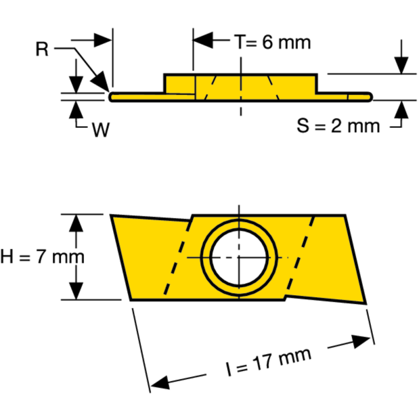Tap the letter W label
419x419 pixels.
tap(101, 130)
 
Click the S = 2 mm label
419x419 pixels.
tap(338, 126)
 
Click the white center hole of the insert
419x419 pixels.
tap(239, 257)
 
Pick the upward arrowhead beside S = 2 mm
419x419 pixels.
tap(401, 108)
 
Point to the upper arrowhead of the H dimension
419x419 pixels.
tap(77, 223)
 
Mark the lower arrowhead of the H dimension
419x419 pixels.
tap(77, 291)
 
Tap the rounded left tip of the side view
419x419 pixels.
tap(111, 96)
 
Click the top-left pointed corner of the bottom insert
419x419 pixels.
tap(112, 215)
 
